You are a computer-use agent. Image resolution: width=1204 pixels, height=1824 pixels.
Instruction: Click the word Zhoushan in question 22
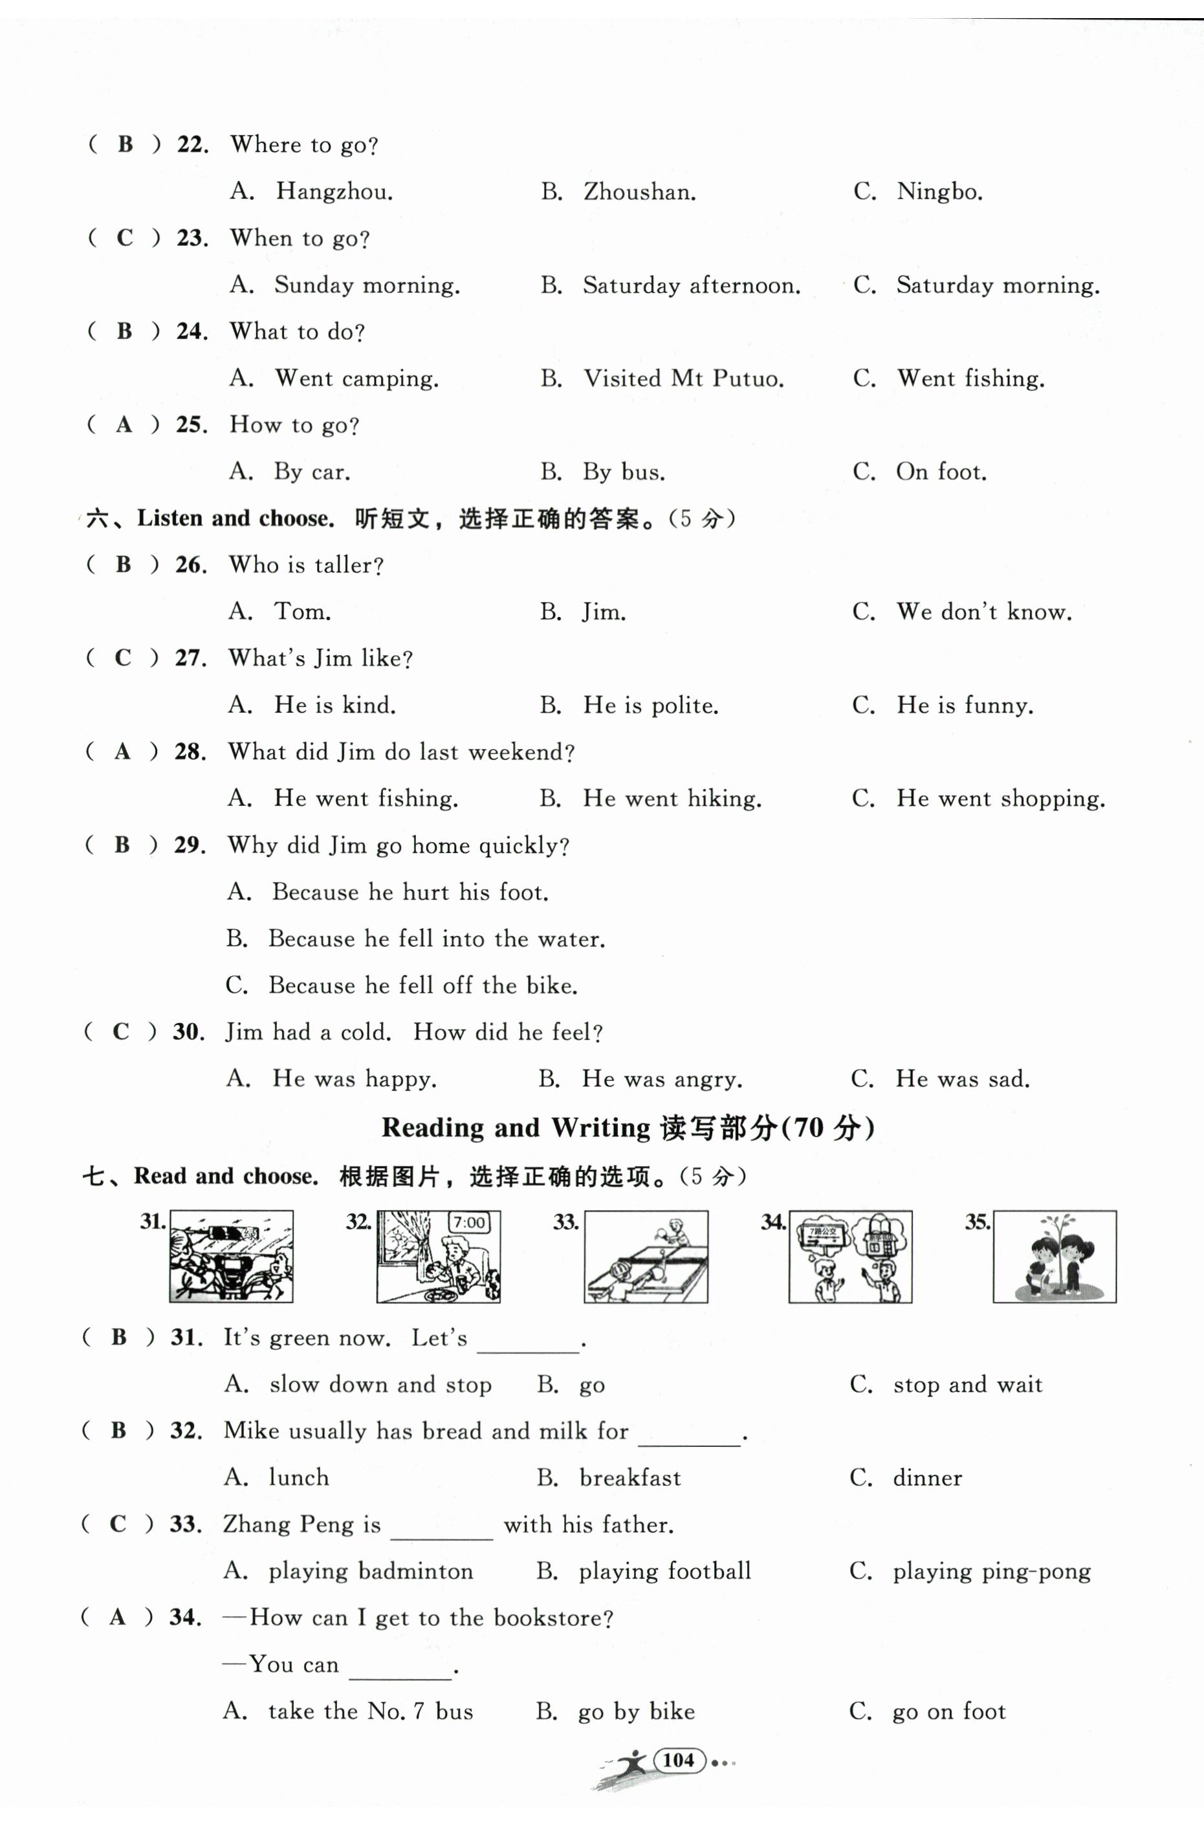click(639, 192)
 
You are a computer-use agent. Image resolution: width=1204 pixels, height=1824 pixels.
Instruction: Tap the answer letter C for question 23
click(124, 238)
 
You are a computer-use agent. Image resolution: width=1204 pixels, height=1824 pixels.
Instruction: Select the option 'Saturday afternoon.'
click(691, 286)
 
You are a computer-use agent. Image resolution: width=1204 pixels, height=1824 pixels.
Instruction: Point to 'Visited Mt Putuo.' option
click(683, 378)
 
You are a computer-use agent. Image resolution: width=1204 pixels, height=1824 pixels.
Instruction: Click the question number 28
click(190, 752)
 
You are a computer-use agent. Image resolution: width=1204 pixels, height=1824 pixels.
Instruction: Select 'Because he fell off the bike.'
click(422, 986)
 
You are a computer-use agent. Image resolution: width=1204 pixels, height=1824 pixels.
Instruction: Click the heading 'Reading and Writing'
click(515, 1128)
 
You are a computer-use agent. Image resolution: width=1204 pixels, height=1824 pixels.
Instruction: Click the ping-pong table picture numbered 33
click(646, 1257)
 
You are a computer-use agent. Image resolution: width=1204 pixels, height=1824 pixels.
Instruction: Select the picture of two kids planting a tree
click(1055, 1257)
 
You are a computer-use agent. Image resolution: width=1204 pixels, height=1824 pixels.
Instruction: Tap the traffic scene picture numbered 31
click(231, 1257)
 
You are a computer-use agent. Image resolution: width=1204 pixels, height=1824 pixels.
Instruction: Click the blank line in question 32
click(690, 1437)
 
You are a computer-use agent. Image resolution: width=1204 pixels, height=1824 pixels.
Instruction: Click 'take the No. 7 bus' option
click(370, 1711)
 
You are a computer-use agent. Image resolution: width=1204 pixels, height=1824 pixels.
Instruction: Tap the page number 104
click(679, 1760)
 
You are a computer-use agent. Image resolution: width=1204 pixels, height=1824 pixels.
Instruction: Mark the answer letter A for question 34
click(118, 1618)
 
